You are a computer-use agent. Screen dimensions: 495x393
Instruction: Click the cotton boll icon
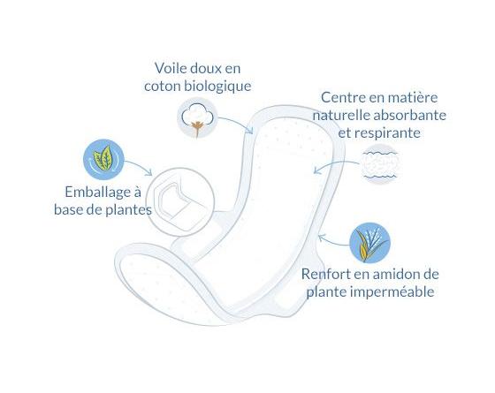click(197, 117)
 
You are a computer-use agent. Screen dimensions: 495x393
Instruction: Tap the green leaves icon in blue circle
click(103, 159)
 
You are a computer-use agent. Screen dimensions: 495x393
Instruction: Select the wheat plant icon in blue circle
click(370, 243)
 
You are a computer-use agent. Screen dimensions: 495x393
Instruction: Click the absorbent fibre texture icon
click(380, 164)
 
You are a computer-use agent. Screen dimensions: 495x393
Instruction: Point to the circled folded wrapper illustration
click(180, 202)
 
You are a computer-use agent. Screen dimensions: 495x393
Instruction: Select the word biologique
click(217, 87)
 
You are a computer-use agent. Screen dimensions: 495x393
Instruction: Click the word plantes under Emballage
click(128, 210)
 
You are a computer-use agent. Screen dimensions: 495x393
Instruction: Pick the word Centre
click(342, 97)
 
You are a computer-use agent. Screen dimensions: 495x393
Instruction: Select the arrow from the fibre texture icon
click(335, 163)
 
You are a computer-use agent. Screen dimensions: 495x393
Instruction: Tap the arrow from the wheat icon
click(332, 242)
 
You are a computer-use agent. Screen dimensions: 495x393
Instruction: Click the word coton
click(163, 87)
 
